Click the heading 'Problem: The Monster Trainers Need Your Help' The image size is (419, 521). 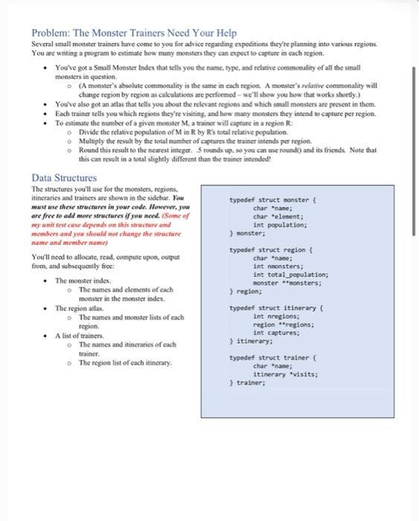[x=134, y=33]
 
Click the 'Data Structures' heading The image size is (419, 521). [x=64, y=178]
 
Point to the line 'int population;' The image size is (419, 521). [x=280, y=224]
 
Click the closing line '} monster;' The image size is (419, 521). [x=249, y=232]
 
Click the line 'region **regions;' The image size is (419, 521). [x=284, y=325]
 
